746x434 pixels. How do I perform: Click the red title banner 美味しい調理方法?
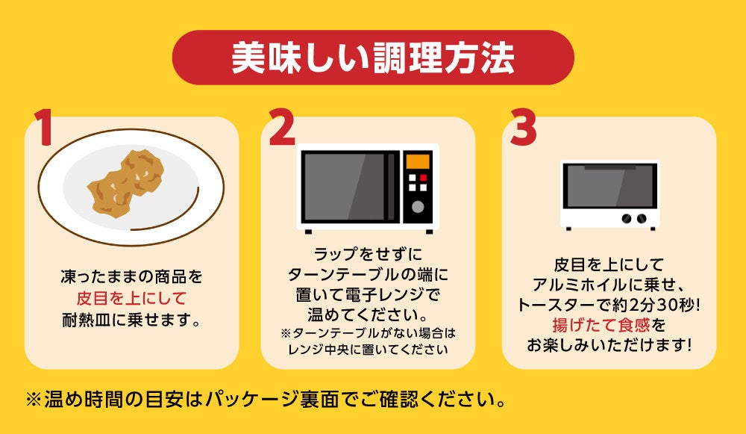[x=373, y=58]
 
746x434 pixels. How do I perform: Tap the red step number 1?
[x=44, y=127]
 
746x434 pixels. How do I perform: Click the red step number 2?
[x=282, y=127]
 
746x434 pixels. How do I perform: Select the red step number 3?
[x=524, y=127]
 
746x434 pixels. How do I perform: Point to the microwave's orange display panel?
[x=417, y=161]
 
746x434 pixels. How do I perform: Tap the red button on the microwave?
[x=423, y=178]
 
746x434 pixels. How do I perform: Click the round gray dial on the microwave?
[x=418, y=207]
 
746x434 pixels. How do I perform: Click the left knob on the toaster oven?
[x=627, y=219]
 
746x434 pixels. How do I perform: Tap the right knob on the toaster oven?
[x=642, y=219]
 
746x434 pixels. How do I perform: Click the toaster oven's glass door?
[x=609, y=186]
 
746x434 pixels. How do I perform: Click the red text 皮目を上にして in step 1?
[x=131, y=299]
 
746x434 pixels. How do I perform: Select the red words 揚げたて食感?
[x=601, y=326]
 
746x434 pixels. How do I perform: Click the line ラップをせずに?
[x=368, y=254]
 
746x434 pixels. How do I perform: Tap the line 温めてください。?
[x=368, y=315]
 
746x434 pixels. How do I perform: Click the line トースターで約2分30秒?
[x=609, y=305]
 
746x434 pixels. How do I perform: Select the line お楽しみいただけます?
[x=609, y=345]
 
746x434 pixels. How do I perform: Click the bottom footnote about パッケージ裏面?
[x=266, y=400]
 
